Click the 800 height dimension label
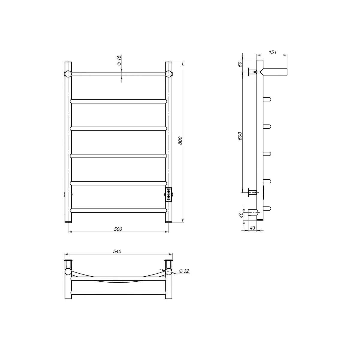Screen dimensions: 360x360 180,140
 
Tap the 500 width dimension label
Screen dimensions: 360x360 118,229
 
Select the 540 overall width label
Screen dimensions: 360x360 117,251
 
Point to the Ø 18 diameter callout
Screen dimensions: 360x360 119,60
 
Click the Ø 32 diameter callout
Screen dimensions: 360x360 184,271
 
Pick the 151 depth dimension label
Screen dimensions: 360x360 273,52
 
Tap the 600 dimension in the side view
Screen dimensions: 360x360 240,136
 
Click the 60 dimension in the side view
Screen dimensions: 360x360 240,64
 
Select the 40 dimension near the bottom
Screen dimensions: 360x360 241,215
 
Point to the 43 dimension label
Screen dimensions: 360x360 252,228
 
